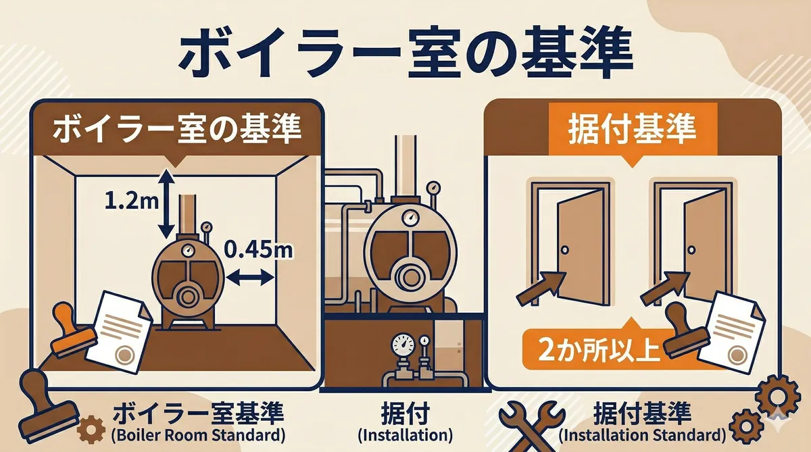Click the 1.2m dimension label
[x=131, y=201]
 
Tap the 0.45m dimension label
[x=258, y=249]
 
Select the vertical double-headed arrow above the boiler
[x=166, y=204]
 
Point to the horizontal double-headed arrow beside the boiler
[x=249, y=278]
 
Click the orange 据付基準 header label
[x=632, y=129]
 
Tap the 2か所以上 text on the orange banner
[x=599, y=349]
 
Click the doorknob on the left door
[x=564, y=250]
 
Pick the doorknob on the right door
[x=691, y=250]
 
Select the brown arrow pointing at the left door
[x=541, y=288]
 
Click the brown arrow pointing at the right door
[x=665, y=288]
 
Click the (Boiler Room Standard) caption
[x=198, y=434]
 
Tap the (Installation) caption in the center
[x=405, y=435]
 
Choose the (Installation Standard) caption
[x=642, y=435]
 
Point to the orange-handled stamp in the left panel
[x=72, y=330]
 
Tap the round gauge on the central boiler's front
[x=410, y=218]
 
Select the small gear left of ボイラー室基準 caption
[x=91, y=430]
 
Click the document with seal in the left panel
[x=120, y=332]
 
